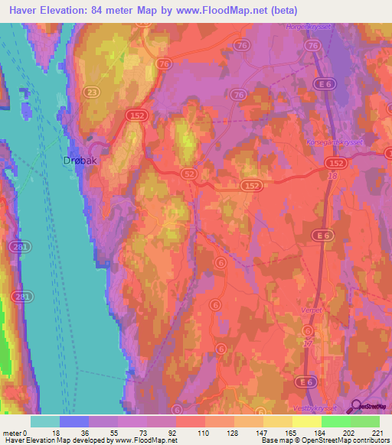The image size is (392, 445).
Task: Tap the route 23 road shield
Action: point(92,92)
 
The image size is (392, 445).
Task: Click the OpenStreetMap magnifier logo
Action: point(357,406)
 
